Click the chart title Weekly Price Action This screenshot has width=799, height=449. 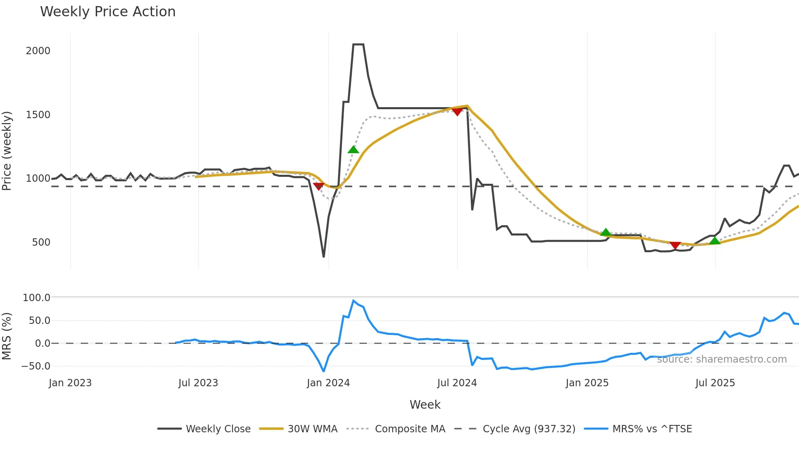108,12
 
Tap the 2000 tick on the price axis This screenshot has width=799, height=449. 38,51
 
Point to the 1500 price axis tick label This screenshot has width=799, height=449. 38,115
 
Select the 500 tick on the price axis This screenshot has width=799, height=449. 41,242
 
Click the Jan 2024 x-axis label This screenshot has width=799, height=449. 328,383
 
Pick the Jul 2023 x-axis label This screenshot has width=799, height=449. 198,383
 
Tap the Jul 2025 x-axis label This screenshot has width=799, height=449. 715,383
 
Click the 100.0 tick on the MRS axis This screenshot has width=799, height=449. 36,298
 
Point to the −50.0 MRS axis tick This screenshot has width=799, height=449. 35,366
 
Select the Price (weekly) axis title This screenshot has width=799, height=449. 7,151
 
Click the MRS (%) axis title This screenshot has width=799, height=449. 7,336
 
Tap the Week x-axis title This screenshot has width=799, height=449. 425,405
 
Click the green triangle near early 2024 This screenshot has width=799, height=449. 353,150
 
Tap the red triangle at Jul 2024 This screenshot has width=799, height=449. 457,112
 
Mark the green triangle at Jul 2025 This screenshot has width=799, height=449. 715,241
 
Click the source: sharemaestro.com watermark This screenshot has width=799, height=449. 722,359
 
